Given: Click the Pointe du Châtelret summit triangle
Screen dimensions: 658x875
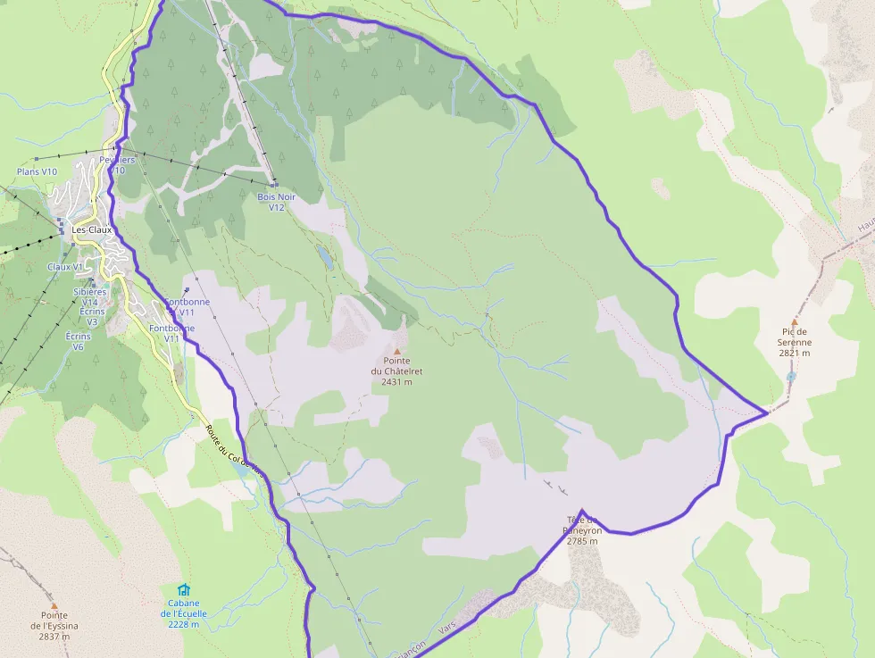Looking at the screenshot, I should pyautogui.click(x=397, y=351).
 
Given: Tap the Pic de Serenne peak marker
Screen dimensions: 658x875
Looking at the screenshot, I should pyautogui.click(x=794, y=321).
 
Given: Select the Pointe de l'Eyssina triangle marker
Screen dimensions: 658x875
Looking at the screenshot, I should pyautogui.click(x=54, y=604).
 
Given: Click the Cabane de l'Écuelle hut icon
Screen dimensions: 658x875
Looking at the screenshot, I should pyautogui.click(x=184, y=589).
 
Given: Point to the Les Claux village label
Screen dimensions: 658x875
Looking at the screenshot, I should pyautogui.click(x=91, y=229).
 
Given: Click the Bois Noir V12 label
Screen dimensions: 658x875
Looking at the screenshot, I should pyautogui.click(x=276, y=202).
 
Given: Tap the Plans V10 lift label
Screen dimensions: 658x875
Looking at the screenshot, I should pyautogui.click(x=37, y=171).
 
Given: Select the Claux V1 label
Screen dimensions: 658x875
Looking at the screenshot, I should pyautogui.click(x=65, y=267).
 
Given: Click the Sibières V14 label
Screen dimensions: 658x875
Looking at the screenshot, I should pyautogui.click(x=89, y=296).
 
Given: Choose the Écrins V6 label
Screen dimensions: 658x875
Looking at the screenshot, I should pyautogui.click(x=79, y=341).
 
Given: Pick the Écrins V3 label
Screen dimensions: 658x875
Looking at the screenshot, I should pyautogui.click(x=91, y=316).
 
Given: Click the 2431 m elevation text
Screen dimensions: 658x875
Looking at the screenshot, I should pyautogui.click(x=396, y=382).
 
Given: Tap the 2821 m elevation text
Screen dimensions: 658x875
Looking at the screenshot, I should pyautogui.click(x=794, y=353).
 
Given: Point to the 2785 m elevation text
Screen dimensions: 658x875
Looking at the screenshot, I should pyautogui.click(x=582, y=541).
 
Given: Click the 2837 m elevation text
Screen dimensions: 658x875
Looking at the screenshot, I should pyautogui.click(x=54, y=637).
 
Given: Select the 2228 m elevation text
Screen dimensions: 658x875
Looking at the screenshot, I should pyautogui.click(x=184, y=624).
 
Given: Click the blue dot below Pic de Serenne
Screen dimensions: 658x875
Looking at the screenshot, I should pyautogui.click(x=791, y=377).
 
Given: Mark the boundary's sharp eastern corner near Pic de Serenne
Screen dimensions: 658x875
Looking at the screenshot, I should pyautogui.click(x=767, y=413).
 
